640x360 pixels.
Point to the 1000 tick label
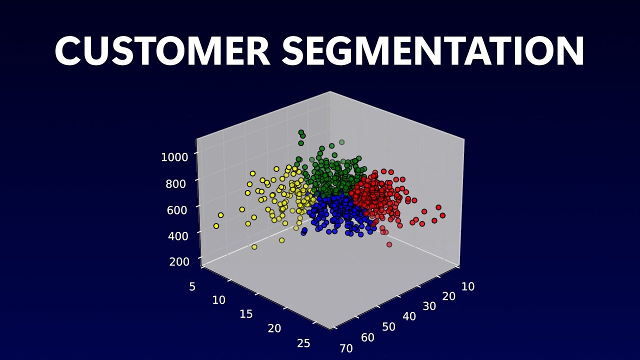pyautogui.click(x=174, y=157)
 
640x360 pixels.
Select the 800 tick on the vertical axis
pyautogui.click(x=175, y=183)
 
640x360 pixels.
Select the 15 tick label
pyautogui.click(x=246, y=313)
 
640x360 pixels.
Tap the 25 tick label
pyautogui.click(x=303, y=343)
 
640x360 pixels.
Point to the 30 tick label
pyautogui.click(x=429, y=306)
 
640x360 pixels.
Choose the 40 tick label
pyautogui.click(x=409, y=316)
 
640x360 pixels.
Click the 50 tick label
pyautogui.click(x=388, y=327)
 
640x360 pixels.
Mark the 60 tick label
pyautogui.click(x=367, y=337)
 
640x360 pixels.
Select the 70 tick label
pyautogui.click(x=345, y=348)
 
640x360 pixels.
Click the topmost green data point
pyautogui.click(x=301, y=132)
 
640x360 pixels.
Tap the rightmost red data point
pyautogui.click(x=442, y=215)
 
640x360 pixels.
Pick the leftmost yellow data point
pyautogui.click(x=216, y=226)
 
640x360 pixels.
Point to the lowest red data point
pyautogui.click(x=389, y=244)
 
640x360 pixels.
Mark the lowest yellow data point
pyautogui.click(x=254, y=246)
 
